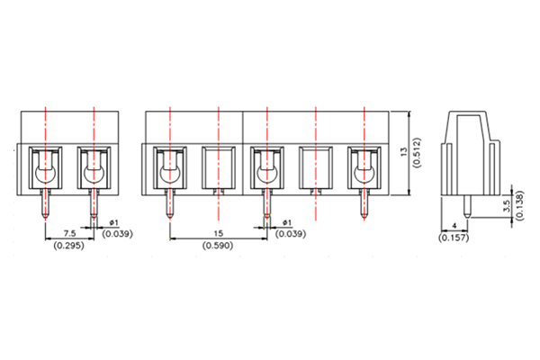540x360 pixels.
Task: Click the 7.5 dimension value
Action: click(68, 232)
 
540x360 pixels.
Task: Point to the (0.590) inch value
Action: click(217, 246)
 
